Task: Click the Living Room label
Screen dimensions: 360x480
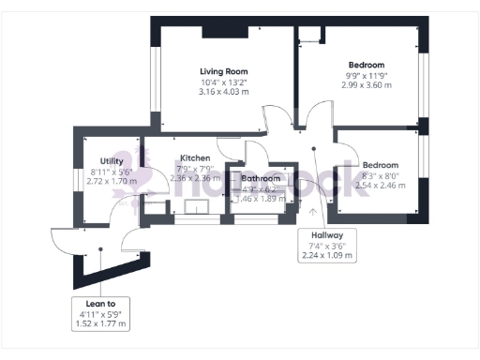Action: coord(223,71)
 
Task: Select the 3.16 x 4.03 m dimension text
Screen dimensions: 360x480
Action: coord(223,92)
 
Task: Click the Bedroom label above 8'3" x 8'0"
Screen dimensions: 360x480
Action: coord(381,165)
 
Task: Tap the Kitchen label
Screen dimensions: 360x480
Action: coord(194,157)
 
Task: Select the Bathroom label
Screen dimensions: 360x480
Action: coord(260,178)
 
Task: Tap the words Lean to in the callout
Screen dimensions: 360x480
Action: coord(99,304)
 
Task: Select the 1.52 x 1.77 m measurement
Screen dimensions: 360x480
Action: coord(99,323)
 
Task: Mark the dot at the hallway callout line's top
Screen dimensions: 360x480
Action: coord(315,147)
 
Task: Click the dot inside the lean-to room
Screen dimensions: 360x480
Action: coord(99,249)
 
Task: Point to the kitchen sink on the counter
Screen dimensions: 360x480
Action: coord(196,208)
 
